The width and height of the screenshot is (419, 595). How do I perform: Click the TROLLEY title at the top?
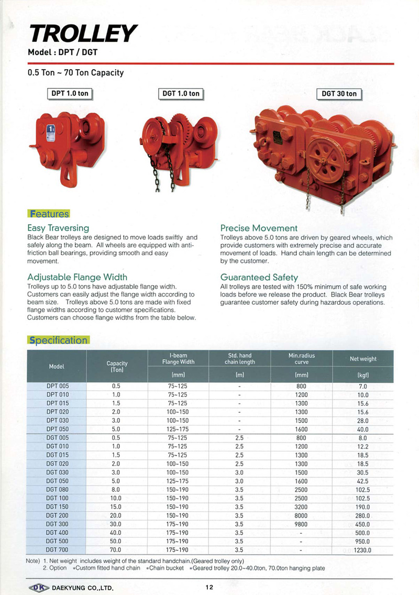pos(83,34)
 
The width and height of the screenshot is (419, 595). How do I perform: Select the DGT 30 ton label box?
pos(339,94)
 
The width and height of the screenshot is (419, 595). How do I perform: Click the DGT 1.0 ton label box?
pos(181,94)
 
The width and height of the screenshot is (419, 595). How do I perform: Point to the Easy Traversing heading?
pos(58,228)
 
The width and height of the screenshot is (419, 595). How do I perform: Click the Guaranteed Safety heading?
pos(259,277)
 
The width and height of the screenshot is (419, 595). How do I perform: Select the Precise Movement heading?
pos(259,228)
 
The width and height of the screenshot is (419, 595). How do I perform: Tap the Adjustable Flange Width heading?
pos(77,277)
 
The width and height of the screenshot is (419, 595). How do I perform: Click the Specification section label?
pos(58,340)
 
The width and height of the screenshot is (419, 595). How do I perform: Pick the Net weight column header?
pos(363,359)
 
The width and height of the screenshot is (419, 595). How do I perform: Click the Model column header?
pos(57,367)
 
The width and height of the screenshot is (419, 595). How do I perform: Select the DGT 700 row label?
pos(57,550)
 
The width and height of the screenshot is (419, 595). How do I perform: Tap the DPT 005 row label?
pos(57,386)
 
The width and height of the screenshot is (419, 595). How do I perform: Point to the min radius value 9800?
pos(301,524)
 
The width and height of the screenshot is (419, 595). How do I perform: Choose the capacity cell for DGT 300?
pos(116,524)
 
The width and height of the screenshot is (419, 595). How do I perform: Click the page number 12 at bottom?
pos(209,587)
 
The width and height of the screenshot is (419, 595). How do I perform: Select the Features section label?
pos(48,214)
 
